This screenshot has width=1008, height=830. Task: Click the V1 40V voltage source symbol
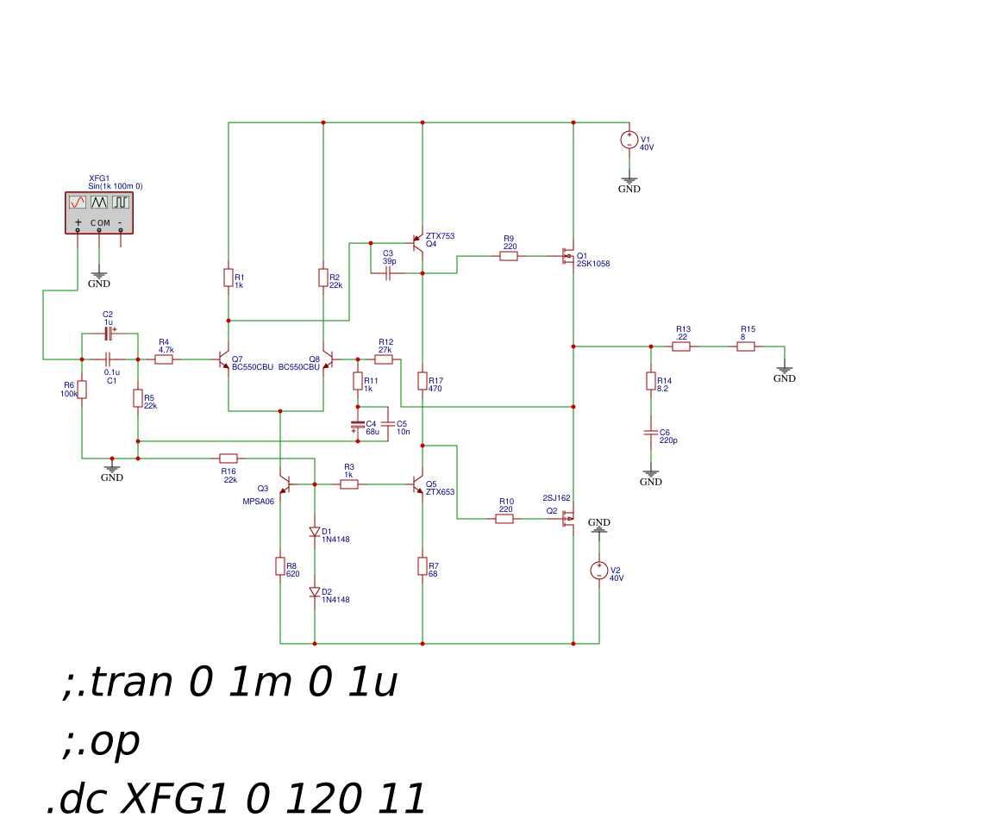pos(629,140)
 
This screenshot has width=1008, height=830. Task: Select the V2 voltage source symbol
pos(598,571)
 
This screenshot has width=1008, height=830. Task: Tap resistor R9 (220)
pos(509,256)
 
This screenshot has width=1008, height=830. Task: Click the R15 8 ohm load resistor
pos(746,346)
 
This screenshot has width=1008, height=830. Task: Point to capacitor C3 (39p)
pos(388,273)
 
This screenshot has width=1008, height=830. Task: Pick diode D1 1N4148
pos(315,532)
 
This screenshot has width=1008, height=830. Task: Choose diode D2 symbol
pos(315,592)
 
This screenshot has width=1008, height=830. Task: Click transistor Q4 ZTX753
pos(418,243)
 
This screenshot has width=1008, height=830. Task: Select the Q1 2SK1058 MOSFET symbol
pos(568,256)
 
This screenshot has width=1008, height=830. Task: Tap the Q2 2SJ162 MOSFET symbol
pos(568,519)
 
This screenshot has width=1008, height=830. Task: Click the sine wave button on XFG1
pos(78,202)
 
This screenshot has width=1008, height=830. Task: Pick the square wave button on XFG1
pos(121,202)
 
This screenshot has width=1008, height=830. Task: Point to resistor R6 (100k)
pos(82,390)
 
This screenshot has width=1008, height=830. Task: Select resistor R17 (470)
pos(423,381)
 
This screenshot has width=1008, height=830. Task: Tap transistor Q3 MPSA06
pos(284,484)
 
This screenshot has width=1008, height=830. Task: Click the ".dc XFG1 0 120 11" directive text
pos(236,800)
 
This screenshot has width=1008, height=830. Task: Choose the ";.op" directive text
pos(101,741)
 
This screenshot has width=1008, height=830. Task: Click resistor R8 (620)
pos(280,566)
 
